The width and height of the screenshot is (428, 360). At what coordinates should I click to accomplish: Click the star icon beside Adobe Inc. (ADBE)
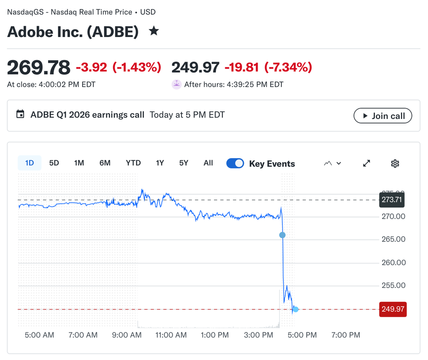154,31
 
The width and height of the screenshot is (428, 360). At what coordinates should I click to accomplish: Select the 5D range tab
54,163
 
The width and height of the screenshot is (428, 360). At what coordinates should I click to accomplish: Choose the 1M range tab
79,163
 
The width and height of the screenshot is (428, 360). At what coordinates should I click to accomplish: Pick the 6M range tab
105,163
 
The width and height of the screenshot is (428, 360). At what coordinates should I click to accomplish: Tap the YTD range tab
133,163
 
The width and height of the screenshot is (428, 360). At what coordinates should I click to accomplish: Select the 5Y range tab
184,163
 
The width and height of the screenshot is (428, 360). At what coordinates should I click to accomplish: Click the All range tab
208,163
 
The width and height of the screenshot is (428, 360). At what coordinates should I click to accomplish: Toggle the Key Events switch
235,164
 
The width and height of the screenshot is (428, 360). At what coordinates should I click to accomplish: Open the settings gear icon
395,164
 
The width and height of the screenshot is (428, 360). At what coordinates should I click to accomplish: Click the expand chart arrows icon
366,164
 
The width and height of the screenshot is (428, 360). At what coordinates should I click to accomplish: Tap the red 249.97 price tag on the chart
393,309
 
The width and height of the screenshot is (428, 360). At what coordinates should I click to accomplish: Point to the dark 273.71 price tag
392,200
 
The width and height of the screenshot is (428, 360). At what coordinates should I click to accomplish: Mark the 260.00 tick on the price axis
394,262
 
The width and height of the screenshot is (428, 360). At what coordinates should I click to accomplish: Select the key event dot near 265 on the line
282,235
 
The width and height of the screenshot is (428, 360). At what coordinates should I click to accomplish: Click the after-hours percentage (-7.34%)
288,68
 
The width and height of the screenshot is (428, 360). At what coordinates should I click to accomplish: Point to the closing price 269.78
39,68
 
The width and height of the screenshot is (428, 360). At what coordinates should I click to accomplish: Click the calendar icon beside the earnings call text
20,114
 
